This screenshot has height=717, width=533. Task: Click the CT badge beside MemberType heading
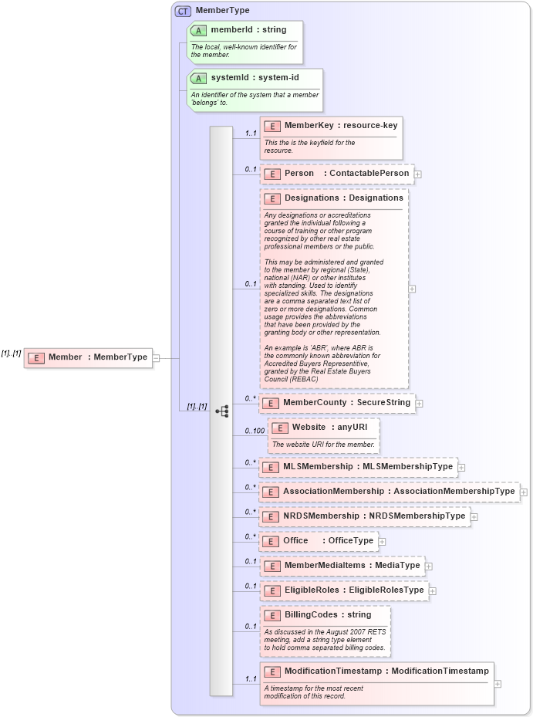click(x=183, y=11)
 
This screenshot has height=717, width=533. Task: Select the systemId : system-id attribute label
click(x=255, y=78)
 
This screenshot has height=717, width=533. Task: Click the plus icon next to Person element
click(x=417, y=174)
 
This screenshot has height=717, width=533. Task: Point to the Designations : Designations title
click(x=343, y=198)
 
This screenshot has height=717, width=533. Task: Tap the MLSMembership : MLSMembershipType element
click(x=357, y=467)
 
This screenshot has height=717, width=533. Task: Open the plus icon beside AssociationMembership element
click(x=524, y=492)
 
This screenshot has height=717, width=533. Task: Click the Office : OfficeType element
click(x=319, y=541)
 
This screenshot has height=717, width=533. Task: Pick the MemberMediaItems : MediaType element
click(x=342, y=566)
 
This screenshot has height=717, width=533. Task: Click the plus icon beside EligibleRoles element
click(x=433, y=591)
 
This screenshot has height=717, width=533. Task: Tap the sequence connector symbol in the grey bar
click(x=222, y=411)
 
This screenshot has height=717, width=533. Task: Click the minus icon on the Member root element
click(x=156, y=357)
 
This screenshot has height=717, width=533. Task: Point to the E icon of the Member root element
click(x=36, y=357)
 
